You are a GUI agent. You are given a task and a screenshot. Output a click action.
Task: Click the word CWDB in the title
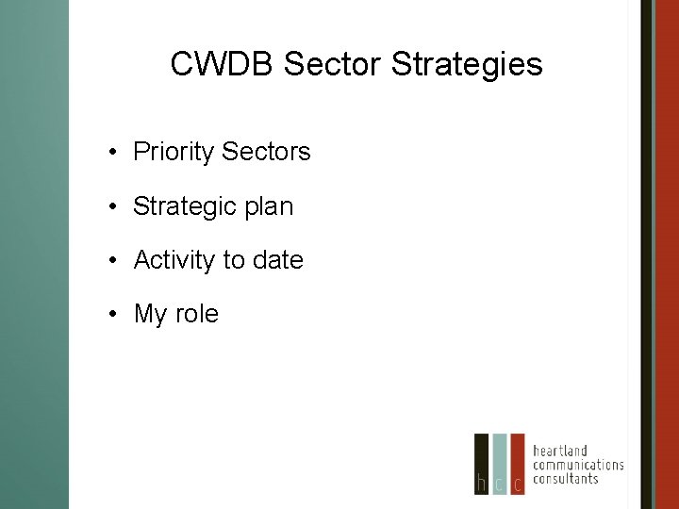[x=222, y=64]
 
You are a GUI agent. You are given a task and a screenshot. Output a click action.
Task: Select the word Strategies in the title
[x=467, y=64]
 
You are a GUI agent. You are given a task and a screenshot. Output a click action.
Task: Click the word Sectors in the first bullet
[x=271, y=152]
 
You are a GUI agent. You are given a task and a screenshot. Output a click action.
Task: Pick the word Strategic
[x=185, y=206]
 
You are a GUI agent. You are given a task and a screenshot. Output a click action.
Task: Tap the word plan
[x=269, y=206]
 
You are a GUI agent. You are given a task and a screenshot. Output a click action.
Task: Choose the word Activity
[x=175, y=260]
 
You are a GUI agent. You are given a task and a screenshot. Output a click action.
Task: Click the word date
[x=277, y=260]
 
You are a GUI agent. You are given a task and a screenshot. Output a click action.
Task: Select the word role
[x=196, y=314]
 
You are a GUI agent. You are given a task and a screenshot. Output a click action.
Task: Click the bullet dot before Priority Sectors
[x=112, y=153]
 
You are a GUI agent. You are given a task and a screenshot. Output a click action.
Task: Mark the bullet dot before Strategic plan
[x=112, y=207]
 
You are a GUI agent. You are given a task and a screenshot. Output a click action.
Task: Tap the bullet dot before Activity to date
[x=112, y=261]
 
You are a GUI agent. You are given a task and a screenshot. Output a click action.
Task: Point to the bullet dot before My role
[x=112, y=315]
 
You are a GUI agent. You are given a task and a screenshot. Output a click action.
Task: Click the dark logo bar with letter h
[x=482, y=464]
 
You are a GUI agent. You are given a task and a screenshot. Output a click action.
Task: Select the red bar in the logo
[x=517, y=464]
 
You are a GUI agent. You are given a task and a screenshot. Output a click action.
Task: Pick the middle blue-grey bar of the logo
[x=500, y=464]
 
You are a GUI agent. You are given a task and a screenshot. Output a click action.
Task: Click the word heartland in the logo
[x=560, y=451]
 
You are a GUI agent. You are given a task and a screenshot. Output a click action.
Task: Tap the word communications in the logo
[x=578, y=465]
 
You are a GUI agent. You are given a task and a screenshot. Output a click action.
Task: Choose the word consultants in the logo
[x=566, y=479]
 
